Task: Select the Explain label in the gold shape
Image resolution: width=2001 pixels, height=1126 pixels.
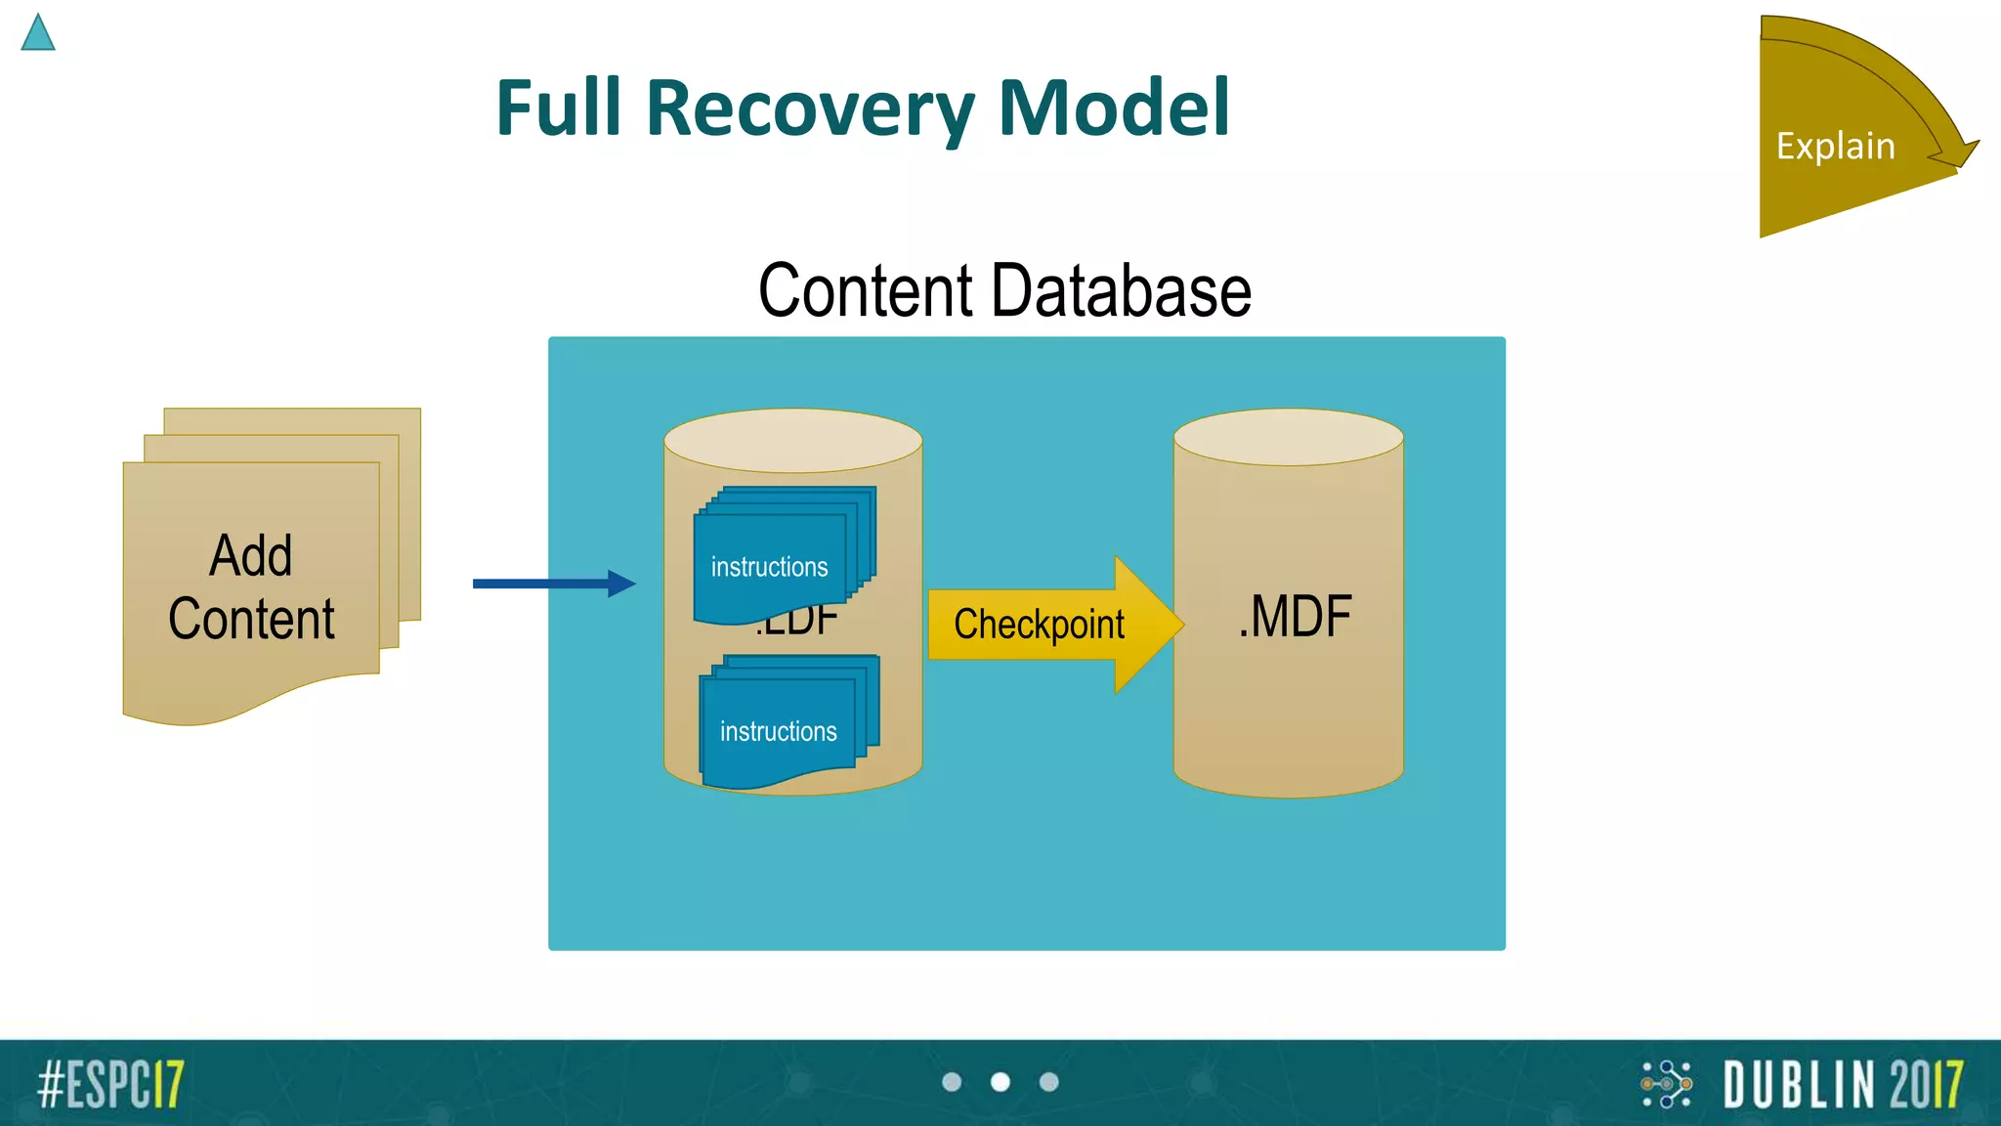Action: pos(1835,147)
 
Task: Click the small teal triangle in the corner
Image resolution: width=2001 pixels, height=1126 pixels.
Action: pos(38,34)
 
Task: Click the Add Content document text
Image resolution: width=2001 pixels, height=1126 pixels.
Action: pos(251,586)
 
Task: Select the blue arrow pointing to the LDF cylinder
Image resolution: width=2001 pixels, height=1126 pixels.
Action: pos(553,584)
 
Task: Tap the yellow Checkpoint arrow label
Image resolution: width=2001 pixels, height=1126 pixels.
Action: pos(1039,625)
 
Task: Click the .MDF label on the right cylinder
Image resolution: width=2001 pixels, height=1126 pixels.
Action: pos(1295,617)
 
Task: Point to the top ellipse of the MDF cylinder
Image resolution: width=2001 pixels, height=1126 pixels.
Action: pos(1288,437)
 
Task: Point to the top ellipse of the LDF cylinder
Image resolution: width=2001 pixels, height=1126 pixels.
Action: pos(792,440)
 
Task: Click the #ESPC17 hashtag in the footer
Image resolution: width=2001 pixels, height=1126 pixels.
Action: pos(110,1084)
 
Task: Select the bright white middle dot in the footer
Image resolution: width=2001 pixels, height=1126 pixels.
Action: pos(1000,1082)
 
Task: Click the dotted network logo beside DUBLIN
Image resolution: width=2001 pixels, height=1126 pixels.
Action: pos(1666,1084)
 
